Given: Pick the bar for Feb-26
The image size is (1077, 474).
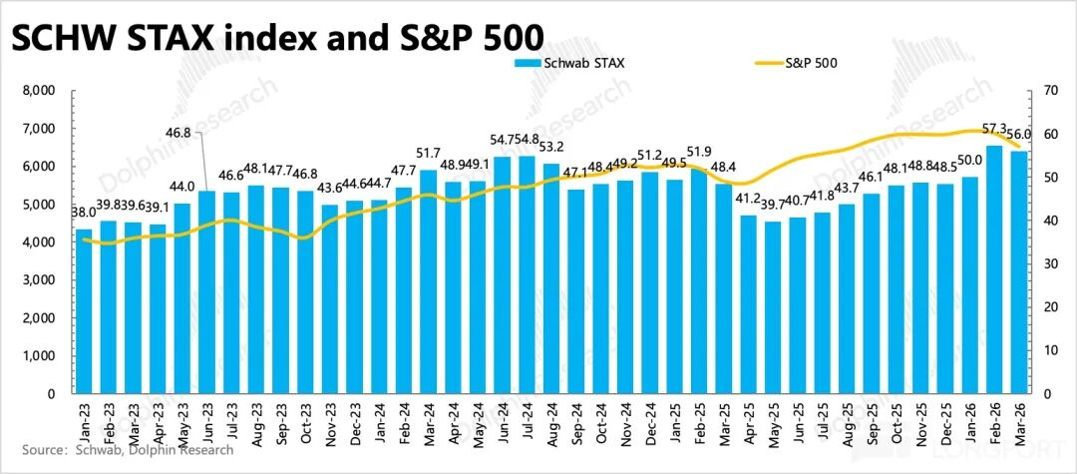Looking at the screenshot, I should coord(994,269).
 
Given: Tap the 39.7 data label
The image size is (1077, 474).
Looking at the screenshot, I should coord(773,206).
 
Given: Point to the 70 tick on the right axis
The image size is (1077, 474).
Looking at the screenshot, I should coord(1048,91).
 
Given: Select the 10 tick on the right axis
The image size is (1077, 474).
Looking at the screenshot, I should coord(1048,350).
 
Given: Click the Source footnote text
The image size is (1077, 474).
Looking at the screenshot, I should coord(120,450).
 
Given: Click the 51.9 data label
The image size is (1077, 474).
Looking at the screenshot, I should coord(700,153).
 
